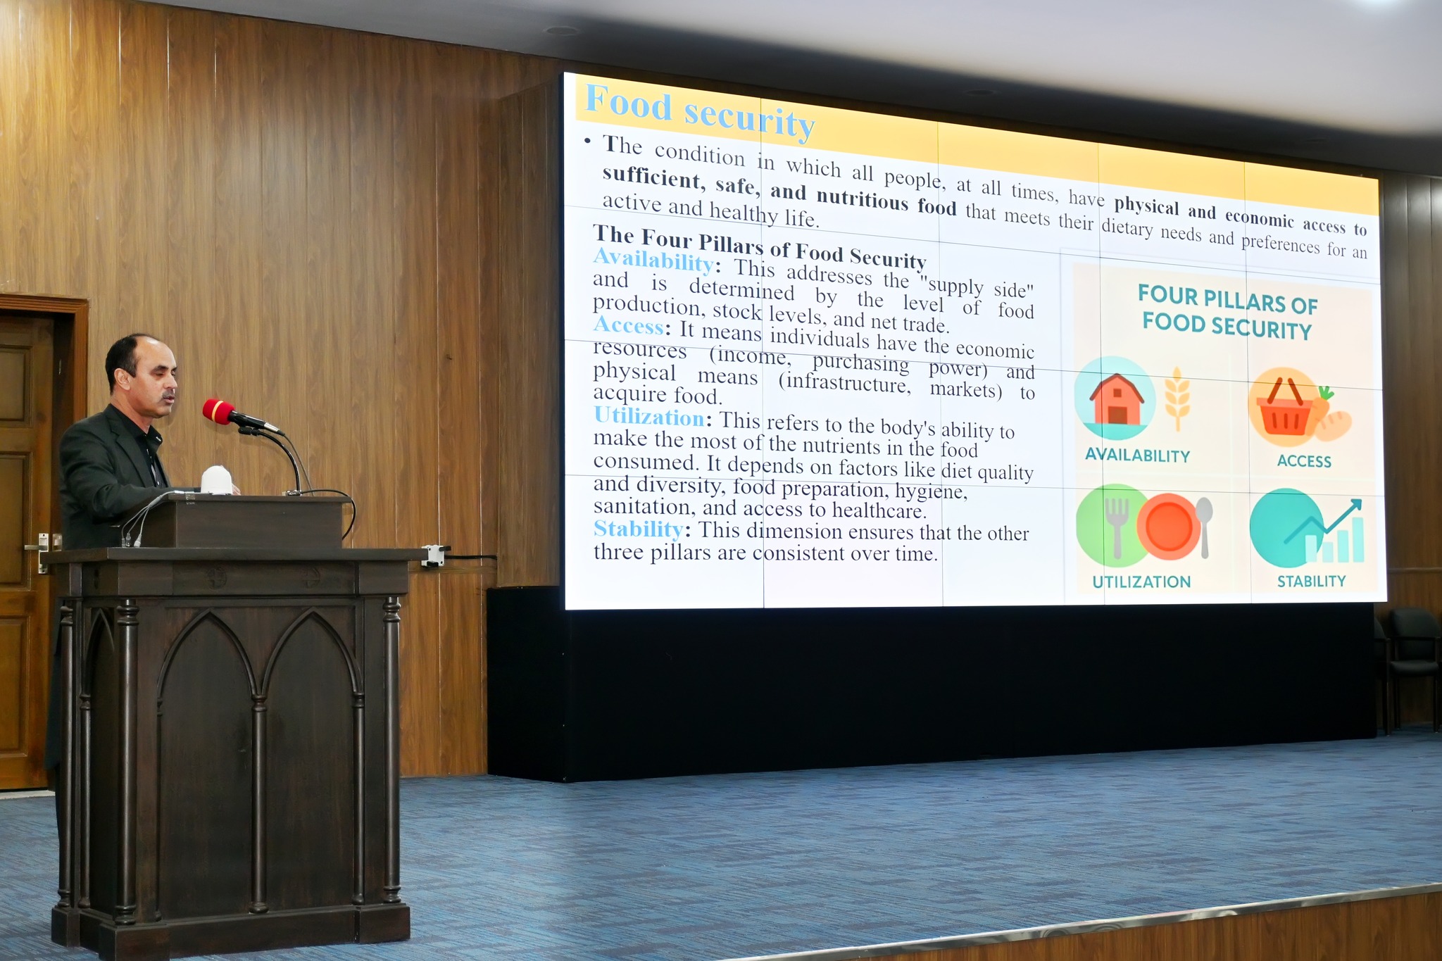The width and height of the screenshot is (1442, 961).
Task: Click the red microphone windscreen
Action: point(219,412)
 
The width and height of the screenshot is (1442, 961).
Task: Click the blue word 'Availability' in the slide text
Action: point(653,260)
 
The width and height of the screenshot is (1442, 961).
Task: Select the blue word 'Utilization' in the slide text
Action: point(648,417)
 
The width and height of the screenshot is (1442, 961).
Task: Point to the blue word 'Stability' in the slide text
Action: point(638,528)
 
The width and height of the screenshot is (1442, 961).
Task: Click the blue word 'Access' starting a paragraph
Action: point(629,325)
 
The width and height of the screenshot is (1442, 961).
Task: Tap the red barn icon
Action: point(1116,398)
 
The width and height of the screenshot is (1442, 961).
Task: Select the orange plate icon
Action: point(1169,527)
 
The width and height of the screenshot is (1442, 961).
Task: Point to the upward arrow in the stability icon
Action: point(1324,520)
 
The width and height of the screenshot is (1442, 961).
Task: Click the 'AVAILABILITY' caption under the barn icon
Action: point(1137,456)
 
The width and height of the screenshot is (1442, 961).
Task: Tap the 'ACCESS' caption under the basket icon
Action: point(1304,461)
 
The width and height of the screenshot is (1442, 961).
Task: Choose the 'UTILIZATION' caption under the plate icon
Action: point(1141,582)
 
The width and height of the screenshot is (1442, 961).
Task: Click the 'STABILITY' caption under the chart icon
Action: point(1311,581)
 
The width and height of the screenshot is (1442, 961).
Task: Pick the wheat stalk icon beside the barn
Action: point(1177,398)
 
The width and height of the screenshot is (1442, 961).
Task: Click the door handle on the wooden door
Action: point(37,546)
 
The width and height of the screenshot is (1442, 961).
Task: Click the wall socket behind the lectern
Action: point(434,555)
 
